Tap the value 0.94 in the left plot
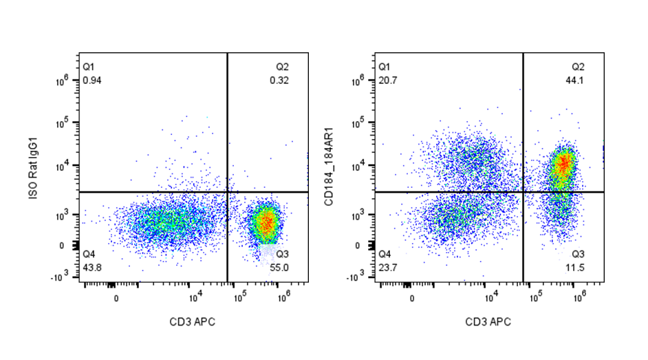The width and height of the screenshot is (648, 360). coord(91,81)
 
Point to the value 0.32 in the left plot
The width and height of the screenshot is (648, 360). coord(279,81)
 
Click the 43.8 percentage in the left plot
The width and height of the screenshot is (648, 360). coord(91,267)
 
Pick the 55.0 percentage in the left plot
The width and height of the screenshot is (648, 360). coord(282,267)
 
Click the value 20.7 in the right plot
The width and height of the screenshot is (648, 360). coord(387,81)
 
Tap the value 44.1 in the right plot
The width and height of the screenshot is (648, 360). coord(578,81)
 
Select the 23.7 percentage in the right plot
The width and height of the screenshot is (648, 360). coord(387,267)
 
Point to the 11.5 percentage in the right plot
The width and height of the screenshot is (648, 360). coord(577,267)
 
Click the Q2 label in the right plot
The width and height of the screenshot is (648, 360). coord(578,67)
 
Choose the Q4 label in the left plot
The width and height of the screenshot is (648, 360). coord(88,253)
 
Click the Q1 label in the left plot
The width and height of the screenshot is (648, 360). coord(88,67)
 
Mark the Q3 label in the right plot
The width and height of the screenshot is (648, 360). coord(578,253)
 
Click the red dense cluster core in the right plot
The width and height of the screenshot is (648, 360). coord(564,164)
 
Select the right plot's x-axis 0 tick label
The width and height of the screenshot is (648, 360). coord(411,298)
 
